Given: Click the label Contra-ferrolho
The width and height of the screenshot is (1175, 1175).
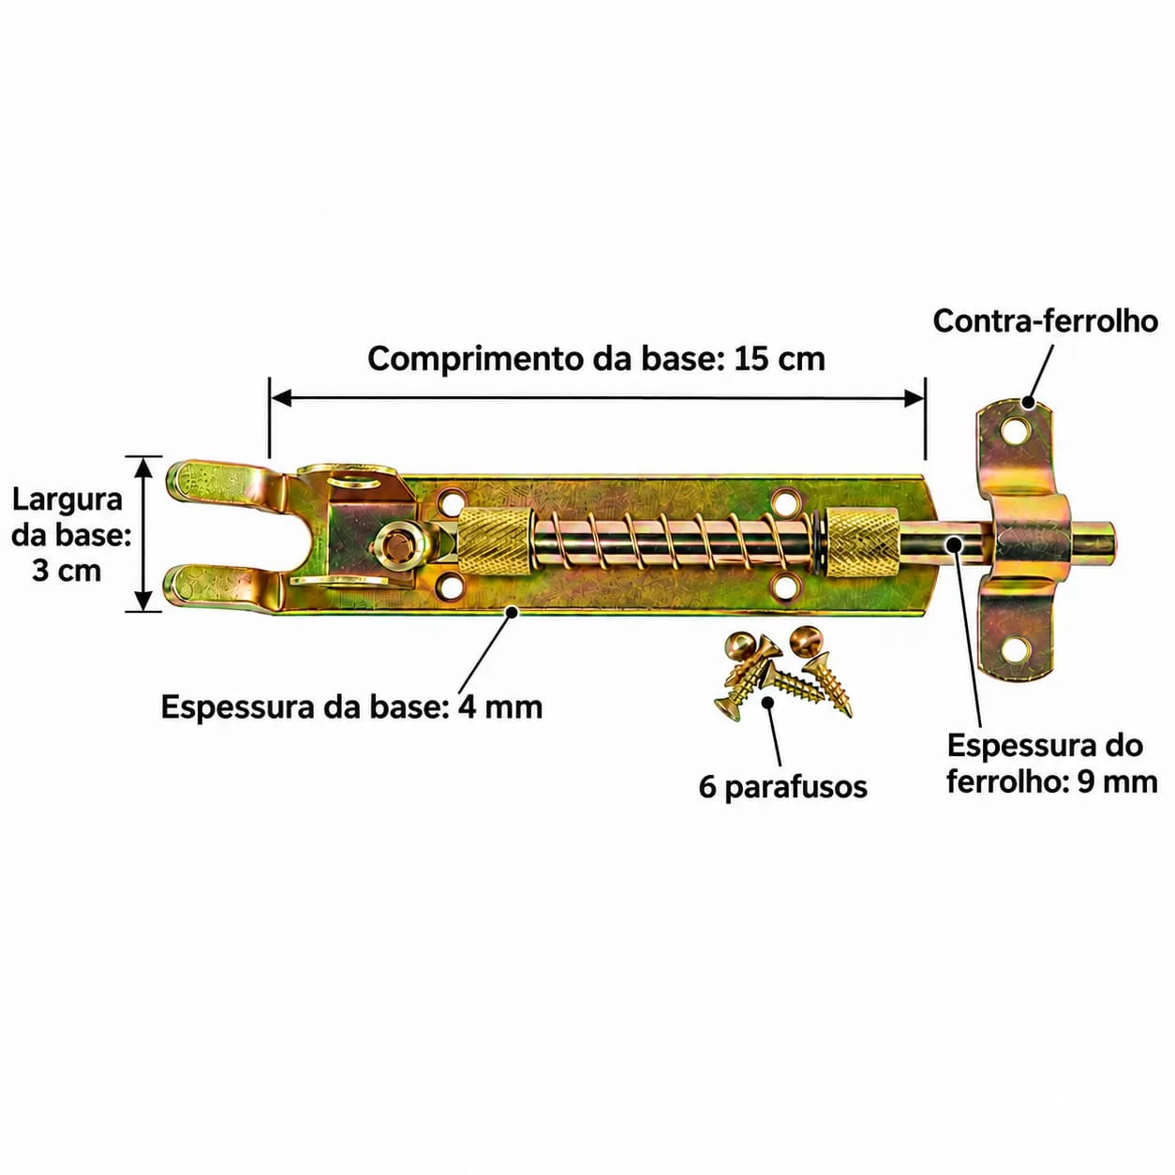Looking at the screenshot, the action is [1045, 320].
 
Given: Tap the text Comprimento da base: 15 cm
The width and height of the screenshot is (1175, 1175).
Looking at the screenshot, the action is [596, 359].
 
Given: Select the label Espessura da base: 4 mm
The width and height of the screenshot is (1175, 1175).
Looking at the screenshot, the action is [351, 708].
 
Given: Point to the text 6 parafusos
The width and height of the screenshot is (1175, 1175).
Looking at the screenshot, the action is [782, 787].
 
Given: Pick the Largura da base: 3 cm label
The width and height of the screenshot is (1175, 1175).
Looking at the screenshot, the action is [68, 536].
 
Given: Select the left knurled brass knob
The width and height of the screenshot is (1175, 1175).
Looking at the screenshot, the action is [493, 541].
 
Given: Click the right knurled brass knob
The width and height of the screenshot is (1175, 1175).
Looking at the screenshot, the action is [863, 539].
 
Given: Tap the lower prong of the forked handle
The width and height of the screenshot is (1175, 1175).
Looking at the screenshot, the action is [226, 589].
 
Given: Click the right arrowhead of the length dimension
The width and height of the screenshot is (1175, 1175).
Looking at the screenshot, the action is [915, 399].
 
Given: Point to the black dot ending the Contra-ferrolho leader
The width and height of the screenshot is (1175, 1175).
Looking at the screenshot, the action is [1028, 402].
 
